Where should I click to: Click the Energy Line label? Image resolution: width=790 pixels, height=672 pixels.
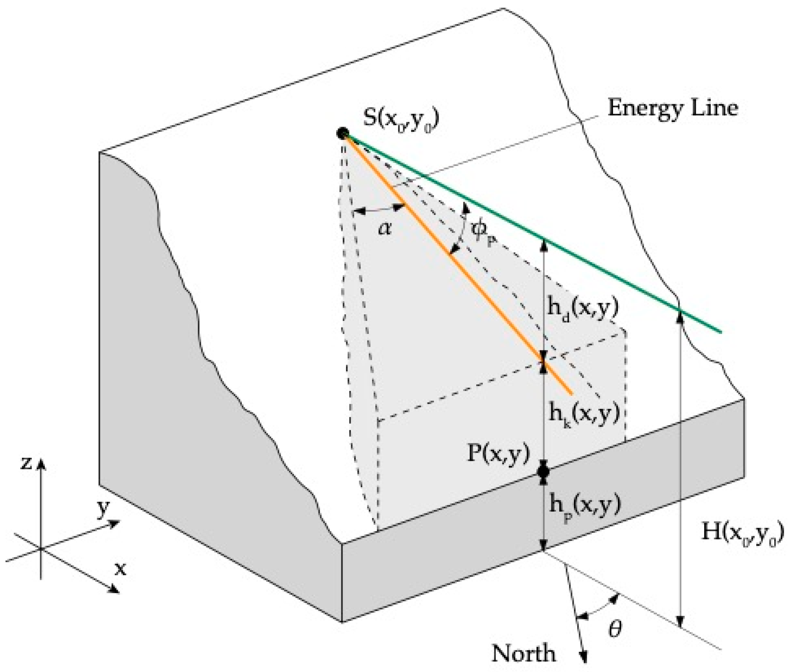tap(672, 108)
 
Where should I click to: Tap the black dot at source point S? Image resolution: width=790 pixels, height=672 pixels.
tap(343, 133)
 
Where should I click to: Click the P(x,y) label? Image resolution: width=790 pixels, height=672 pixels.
tap(498, 454)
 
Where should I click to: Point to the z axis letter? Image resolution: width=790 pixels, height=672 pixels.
tap(26, 463)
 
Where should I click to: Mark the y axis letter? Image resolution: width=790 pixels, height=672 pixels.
tap(103, 509)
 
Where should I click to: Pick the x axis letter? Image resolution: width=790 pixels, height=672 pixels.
tap(120, 569)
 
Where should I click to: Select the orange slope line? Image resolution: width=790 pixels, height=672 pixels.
tap(457, 263)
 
